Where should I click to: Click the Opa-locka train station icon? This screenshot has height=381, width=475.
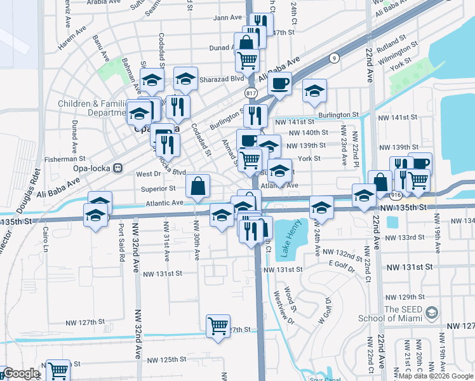point(117,168)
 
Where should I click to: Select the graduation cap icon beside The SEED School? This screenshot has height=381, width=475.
point(432,312)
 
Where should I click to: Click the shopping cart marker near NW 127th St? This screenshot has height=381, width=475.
point(218,326)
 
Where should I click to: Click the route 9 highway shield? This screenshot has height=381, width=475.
point(333,58)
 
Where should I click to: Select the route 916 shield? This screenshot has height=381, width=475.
point(396,194)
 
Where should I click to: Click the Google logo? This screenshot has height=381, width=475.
point(21,374)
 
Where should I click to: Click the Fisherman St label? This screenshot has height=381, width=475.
point(65,159)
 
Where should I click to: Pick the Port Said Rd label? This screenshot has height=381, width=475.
point(119,240)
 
